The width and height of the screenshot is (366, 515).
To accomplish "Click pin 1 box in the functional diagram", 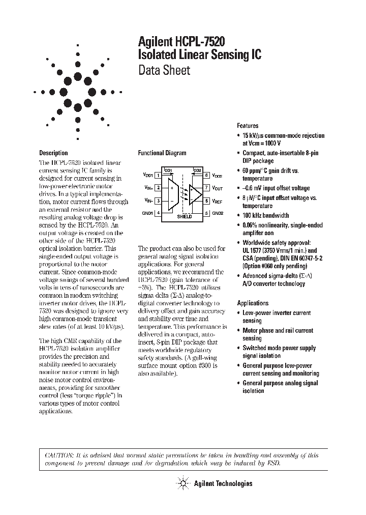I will pos(158,176).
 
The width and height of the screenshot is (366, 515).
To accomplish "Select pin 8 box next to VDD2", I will pos(207,176).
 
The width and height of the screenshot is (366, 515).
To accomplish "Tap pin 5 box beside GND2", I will pos(207,213).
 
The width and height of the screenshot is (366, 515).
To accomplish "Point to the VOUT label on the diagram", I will pos(217,188).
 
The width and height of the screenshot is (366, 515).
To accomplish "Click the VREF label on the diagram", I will pos(217,201).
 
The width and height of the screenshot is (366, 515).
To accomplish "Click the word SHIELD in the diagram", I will pos(184,216).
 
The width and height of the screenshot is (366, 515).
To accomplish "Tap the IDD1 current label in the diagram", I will pos(168,170).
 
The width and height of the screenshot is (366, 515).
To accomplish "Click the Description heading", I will pos(53,153).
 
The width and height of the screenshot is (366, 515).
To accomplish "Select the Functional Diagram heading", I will pos(162,153).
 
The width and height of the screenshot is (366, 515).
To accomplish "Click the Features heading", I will pos(248,126).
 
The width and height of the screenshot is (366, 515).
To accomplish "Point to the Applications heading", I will pos(253,303).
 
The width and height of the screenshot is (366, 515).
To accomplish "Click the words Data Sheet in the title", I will pos(164,70).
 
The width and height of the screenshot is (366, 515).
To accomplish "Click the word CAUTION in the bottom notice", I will pos(57,455).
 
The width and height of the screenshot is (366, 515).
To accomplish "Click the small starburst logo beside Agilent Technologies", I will pos(181,483).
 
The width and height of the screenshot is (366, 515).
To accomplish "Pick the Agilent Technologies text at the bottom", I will pos(223,484).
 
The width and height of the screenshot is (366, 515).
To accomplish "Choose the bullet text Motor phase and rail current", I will pos(278,331).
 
